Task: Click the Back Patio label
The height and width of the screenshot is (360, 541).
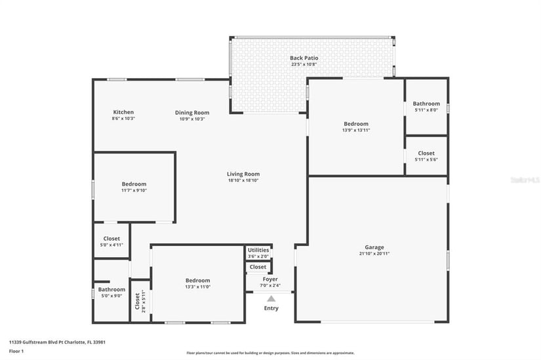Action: tap(304, 58)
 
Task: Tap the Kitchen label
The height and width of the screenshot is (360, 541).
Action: tap(123, 112)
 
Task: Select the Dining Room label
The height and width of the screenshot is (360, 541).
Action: tap(192, 112)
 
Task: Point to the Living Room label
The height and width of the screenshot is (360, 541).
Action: tap(243, 174)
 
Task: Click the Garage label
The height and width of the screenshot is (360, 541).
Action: tap(374, 247)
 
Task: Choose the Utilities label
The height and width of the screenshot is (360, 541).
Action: tap(258, 250)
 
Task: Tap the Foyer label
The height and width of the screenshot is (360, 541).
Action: tap(270, 279)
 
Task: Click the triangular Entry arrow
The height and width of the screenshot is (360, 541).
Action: tap(271, 298)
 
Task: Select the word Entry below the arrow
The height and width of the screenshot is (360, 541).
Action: tap(271, 308)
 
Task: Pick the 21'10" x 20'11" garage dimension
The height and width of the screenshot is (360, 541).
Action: tap(374, 254)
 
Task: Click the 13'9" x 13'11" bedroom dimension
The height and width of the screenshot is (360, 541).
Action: tap(356, 130)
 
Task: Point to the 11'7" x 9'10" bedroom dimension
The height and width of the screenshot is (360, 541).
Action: tap(134, 191)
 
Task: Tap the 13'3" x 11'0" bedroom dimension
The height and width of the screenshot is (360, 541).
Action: tap(197, 287)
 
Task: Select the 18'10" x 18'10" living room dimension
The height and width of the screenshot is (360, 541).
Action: tap(243, 180)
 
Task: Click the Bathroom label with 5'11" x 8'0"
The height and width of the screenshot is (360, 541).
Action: tap(426, 104)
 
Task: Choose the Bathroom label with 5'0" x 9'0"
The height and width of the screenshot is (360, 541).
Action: tap(111, 289)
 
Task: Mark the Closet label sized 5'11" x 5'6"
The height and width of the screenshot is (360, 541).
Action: tap(426, 153)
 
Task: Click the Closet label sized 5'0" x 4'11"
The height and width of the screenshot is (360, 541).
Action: tap(111, 239)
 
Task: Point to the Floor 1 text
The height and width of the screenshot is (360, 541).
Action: tap(17, 351)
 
